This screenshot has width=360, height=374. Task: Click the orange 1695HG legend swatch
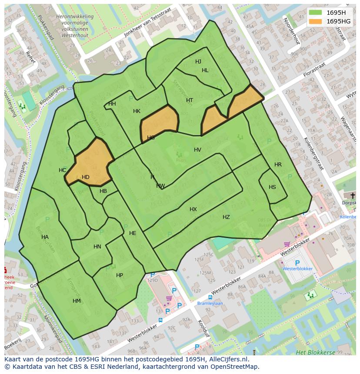pos(316,21)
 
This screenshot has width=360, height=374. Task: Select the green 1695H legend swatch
pos(316,13)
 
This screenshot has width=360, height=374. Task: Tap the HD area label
pos(86,177)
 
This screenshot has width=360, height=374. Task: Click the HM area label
pos(77,301)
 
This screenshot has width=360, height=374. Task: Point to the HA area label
pos(45,237)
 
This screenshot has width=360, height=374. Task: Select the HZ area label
pos(226,217)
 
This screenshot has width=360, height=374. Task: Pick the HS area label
pos(272,187)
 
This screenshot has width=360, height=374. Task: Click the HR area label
pos(278,165)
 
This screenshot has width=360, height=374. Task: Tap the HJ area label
pos(198,62)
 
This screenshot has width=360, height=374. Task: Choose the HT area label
pos(190,100)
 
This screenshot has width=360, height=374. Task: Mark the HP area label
pos(120,275)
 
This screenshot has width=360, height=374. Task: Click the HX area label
pos(193,209)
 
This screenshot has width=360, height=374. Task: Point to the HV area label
pos(197,150)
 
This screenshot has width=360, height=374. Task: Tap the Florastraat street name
pos(314,70)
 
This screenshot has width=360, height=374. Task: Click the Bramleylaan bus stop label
pos(210,304)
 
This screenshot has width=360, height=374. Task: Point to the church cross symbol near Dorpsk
pos(353,196)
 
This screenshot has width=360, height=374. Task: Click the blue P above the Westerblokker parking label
pos(297,263)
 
